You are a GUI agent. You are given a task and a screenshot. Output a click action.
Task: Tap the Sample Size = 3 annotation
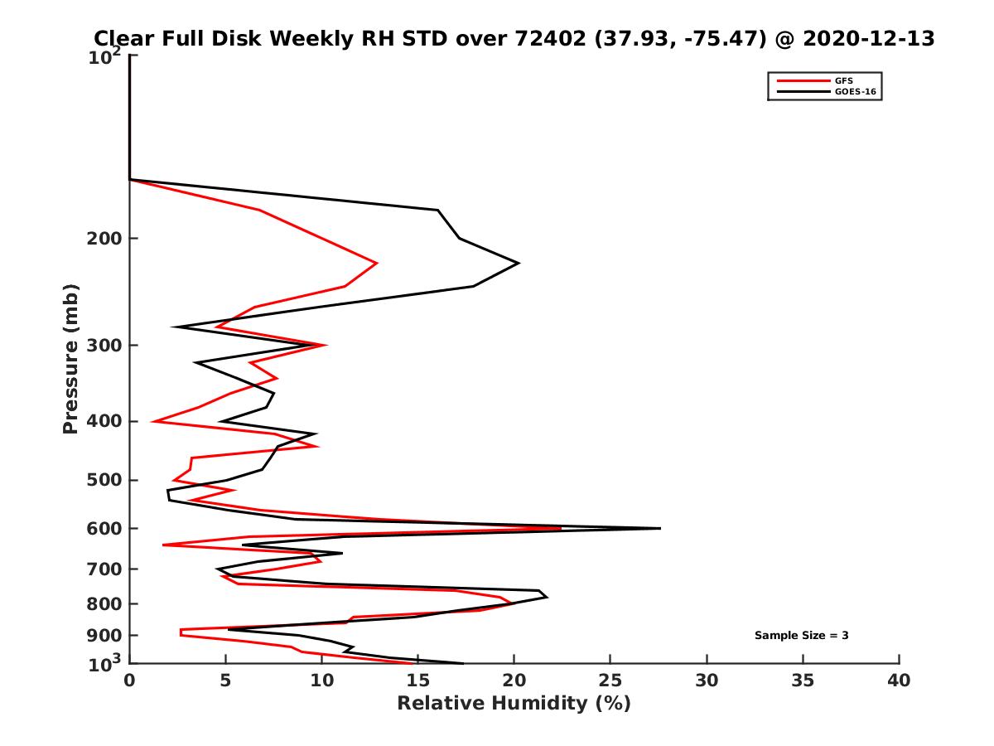click(801, 636)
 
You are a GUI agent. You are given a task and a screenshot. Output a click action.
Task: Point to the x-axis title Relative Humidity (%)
click(514, 704)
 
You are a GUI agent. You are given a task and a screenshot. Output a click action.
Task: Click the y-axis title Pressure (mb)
click(70, 359)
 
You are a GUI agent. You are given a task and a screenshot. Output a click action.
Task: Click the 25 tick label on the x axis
click(610, 681)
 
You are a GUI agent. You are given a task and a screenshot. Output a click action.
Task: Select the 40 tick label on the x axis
click(899, 681)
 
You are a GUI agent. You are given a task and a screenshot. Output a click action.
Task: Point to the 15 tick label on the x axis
click(417, 681)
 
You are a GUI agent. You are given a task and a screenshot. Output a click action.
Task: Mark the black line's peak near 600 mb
click(659, 528)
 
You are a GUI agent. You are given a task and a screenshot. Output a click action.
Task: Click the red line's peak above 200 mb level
click(377, 263)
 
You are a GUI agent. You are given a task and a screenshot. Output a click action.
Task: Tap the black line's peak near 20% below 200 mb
click(518, 263)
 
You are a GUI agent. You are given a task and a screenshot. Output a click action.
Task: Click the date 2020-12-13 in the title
click(866, 38)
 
